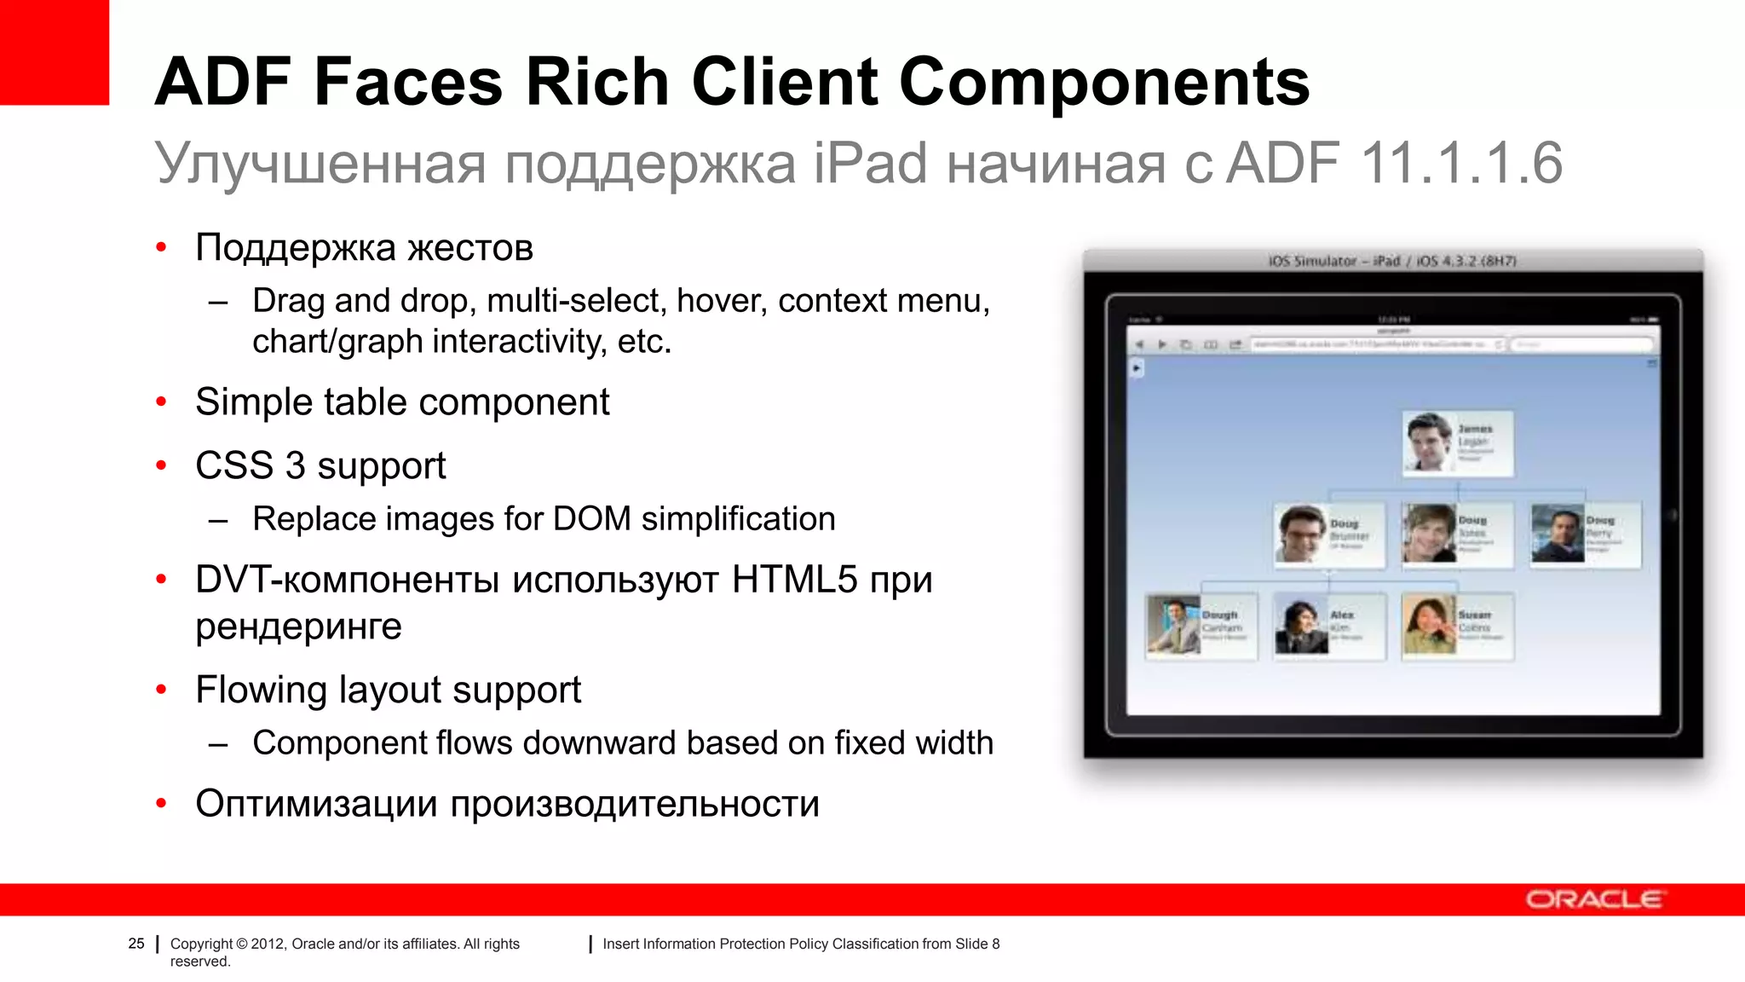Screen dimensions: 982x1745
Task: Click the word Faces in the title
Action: tap(408, 82)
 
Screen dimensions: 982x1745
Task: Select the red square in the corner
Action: tap(54, 51)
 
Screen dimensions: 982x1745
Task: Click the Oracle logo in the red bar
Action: tap(1593, 899)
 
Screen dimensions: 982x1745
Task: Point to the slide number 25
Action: tap(136, 944)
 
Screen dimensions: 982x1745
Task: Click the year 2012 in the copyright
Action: tap(268, 944)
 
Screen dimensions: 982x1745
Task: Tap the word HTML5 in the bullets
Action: tap(794, 580)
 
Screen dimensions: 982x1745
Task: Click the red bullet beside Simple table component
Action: tap(161, 402)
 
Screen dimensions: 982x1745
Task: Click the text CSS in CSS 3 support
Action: tap(234, 465)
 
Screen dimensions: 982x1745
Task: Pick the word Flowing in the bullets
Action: tap(261, 690)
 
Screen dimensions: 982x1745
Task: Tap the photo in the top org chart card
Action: tap(1428, 442)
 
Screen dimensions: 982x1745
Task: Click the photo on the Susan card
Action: tap(1428, 625)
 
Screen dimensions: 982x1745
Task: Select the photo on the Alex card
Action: tap(1300, 627)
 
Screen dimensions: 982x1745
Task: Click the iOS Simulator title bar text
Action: tap(1392, 261)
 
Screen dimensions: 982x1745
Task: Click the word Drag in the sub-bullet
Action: tap(289, 301)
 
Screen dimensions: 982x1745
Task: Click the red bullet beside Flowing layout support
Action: tap(161, 690)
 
